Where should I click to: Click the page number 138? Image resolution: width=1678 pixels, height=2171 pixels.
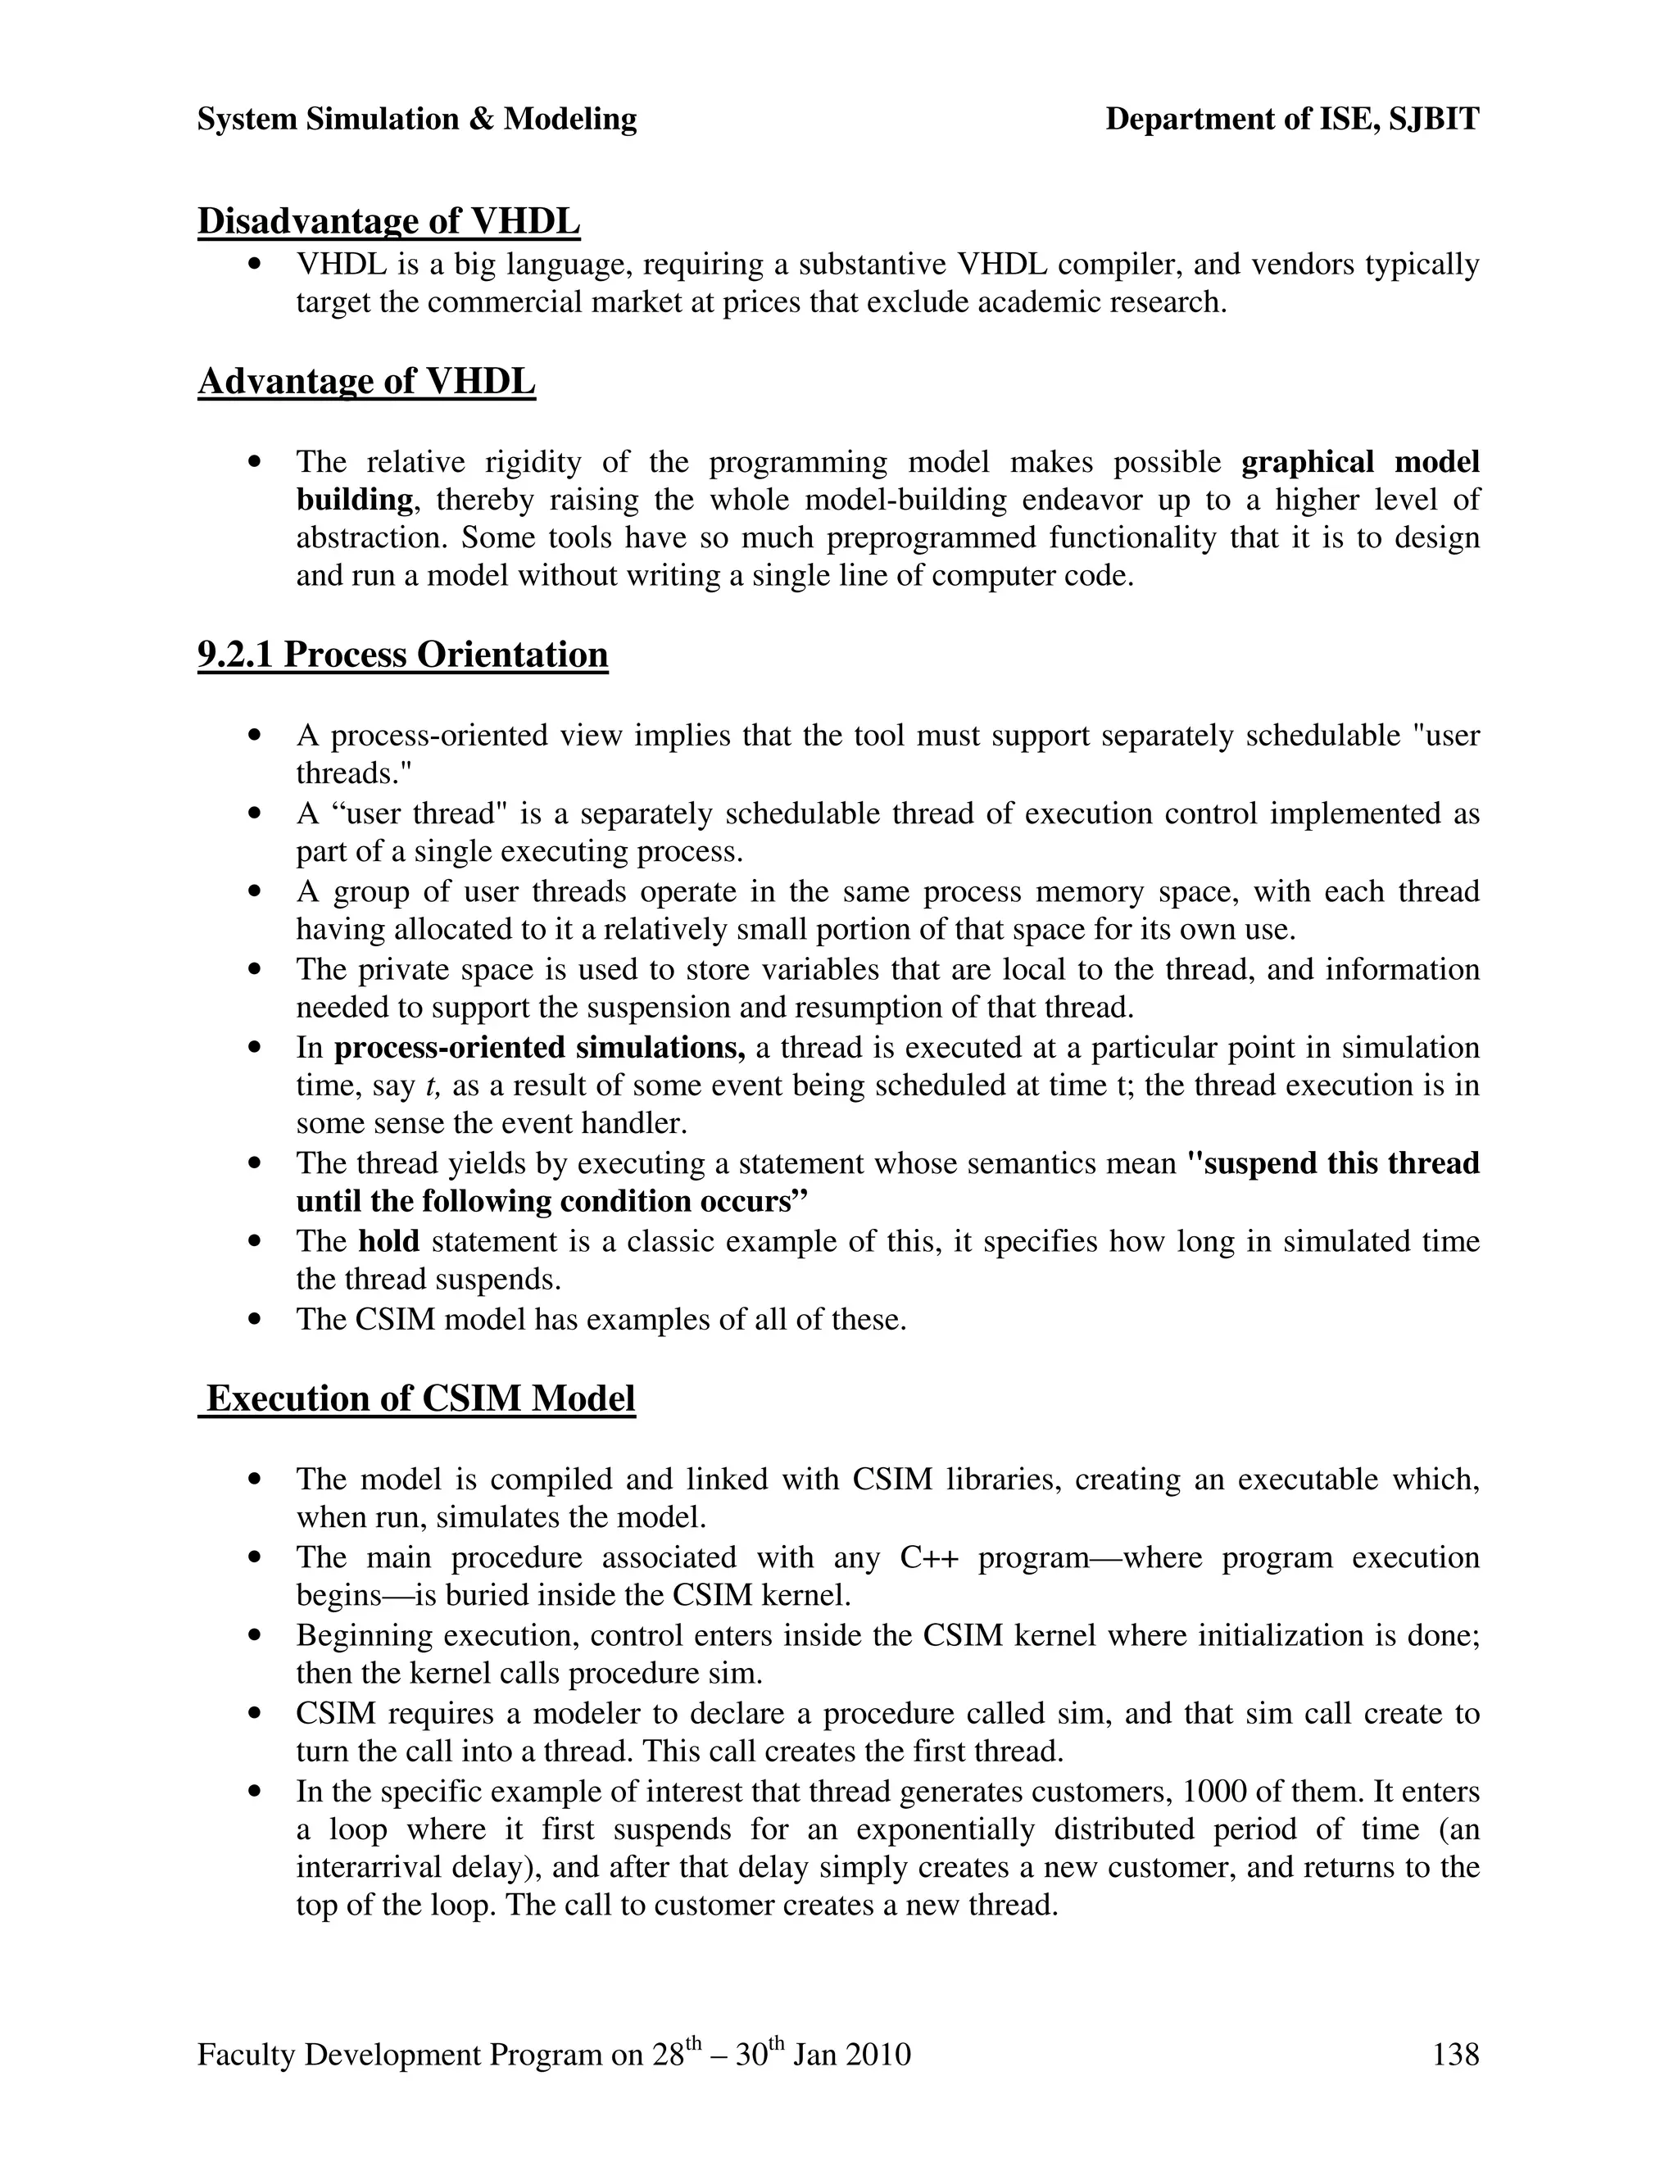(x=1454, y=2054)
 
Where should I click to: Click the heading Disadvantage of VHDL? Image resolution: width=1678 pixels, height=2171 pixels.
(x=388, y=220)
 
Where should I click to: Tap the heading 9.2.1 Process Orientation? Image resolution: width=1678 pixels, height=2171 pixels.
(x=402, y=654)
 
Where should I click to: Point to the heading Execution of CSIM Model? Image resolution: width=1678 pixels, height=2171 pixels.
(x=419, y=1398)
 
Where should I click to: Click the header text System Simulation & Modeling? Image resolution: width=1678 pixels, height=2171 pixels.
(x=416, y=120)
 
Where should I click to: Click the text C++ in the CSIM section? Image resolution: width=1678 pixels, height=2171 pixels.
(x=928, y=1557)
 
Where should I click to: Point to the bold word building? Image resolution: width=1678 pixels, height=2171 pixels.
(x=354, y=499)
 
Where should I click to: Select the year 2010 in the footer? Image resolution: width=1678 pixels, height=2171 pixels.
(x=877, y=2054)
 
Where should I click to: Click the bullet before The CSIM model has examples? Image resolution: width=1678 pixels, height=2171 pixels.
(x=256, y=1320)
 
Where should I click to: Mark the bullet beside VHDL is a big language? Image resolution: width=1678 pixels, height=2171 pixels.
(x=256, y=265)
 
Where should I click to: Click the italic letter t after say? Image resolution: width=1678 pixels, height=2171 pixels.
(x=430, y=1085)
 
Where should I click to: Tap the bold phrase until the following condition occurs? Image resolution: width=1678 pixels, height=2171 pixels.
(x=551, y=1202)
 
